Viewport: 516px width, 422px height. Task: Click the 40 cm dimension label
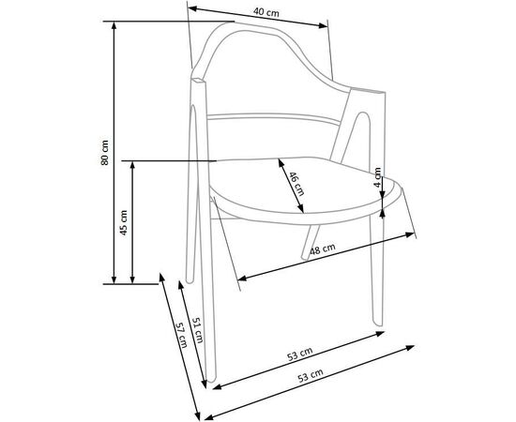point(266,12)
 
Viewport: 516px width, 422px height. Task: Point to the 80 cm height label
point(105,152)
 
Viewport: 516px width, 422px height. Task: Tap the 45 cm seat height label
point(124,222)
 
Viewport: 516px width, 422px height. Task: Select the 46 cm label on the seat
point(296,184)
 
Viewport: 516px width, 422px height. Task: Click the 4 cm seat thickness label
point(378,177)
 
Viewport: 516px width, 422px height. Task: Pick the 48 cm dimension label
point(323,249)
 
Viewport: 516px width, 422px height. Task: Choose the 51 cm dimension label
point(198,330)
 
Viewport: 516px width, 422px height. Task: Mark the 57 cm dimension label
point(181,335)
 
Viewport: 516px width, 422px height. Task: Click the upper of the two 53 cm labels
point(299,354)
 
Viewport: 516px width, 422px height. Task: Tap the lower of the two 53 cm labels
point(311,376)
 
